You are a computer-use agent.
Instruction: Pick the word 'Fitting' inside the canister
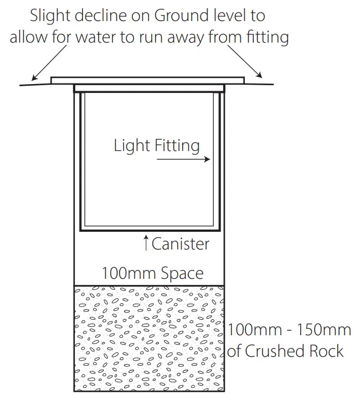(174, 146)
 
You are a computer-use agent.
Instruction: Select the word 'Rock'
(326, 351)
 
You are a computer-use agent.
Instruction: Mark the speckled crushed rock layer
(150, 337)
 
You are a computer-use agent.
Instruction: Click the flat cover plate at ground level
(147, 80)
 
